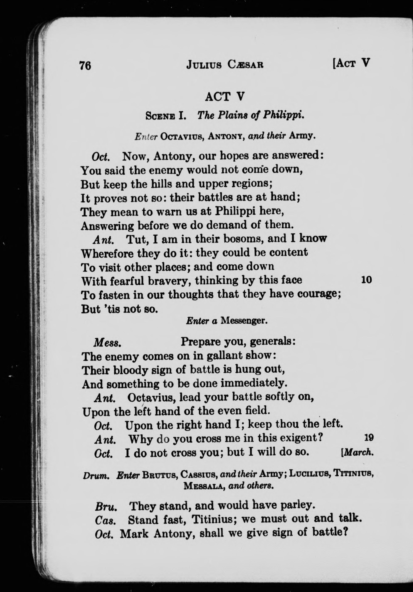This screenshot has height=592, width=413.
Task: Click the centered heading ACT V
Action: point(224,97)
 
